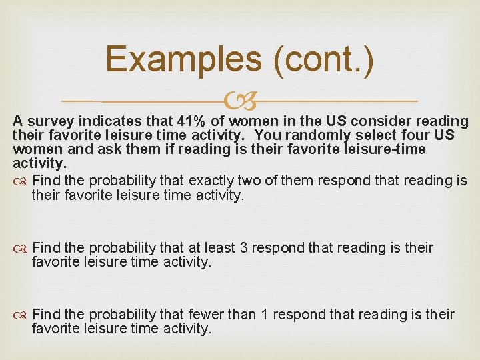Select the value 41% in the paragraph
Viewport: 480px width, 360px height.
coord(193,121)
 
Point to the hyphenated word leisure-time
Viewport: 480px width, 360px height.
coord(383,149)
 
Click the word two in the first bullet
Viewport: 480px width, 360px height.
coord(247,181)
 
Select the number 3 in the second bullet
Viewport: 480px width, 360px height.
coord(244,248)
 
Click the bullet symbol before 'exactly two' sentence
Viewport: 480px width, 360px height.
coord(21,181)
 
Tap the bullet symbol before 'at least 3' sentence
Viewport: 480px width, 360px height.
coord(21,249)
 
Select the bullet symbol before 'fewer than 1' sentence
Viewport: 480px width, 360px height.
coord(21,315)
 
